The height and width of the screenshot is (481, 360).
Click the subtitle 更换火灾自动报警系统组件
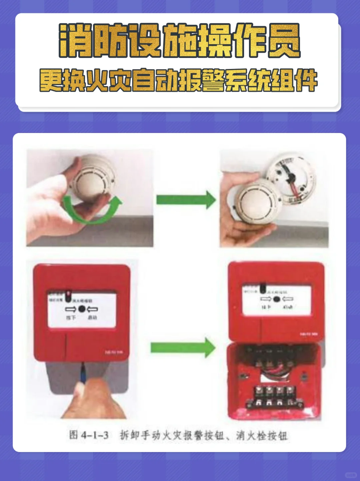point(179,80)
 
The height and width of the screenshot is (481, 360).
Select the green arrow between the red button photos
point(183,348)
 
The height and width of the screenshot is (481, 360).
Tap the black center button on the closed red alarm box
point(82,309)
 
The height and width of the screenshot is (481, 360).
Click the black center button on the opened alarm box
point(276,299)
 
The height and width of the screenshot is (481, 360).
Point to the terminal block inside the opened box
point(275,397)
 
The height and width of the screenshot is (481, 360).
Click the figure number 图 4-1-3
point(89,435)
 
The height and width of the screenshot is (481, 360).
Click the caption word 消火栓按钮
point(262,435)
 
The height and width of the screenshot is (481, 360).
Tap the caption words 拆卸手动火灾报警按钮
point(172,435)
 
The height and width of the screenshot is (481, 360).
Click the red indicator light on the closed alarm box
point(69,294)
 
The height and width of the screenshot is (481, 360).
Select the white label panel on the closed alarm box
point(82,310)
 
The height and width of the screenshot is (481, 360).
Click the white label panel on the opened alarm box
point(277,300)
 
